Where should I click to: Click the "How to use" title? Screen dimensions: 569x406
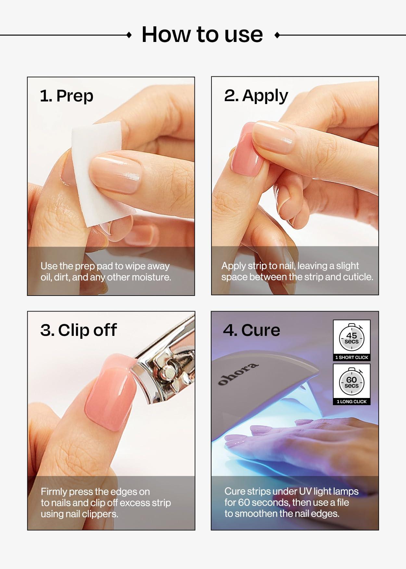[x=202, y=34]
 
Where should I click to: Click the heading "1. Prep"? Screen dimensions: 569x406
[x=67, y=96]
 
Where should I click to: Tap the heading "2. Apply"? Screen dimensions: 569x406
[x=256, y=96]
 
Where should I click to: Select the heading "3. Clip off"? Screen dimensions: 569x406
[x=78, y=330]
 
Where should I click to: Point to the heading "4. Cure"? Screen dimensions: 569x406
[x=251, y=330]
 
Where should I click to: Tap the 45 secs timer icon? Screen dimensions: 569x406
[x=351, y=337]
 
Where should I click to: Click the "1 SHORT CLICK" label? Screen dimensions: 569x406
[x=351, y=357]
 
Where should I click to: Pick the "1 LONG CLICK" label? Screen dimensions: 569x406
[x=351, y=402]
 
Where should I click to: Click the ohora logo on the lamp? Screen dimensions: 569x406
[x=238, y=374]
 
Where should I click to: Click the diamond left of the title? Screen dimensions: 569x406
[x=129, y=35]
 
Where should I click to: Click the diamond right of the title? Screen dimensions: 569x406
[x=277, y=35]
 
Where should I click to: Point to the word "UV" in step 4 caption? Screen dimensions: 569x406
[x=304, y=491]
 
